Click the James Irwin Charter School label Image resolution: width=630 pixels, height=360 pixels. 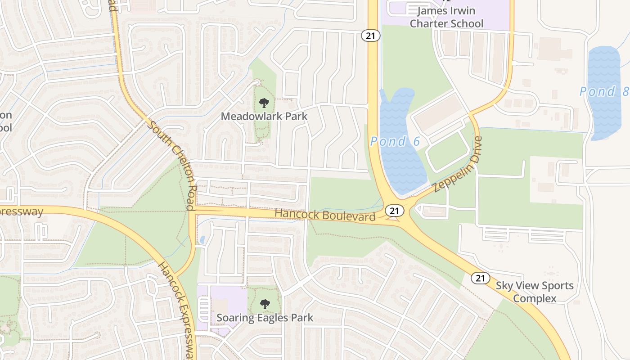click(x=446, y=17)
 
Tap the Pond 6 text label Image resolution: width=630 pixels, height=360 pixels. click(x=395, y=142)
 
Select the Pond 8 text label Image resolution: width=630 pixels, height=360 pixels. click(x=603, y=92)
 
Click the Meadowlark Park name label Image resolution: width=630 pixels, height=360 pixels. click(x=264, y=116)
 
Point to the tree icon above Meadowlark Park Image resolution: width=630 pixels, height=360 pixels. click(x=264, y=103)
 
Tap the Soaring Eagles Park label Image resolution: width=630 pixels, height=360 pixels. click(x=265, y=318)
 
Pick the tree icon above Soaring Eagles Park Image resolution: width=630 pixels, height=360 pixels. click(x=265, y=305)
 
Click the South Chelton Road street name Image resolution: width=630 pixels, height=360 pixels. click(x=173, y=165)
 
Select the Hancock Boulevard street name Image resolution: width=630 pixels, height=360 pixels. click(x=325, y=215)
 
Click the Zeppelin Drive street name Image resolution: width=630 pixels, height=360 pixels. click(x=459, y=165)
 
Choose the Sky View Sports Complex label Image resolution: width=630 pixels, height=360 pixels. click(x=535, y=292)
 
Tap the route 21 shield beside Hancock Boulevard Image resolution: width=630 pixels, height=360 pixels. click(x=394, y=210)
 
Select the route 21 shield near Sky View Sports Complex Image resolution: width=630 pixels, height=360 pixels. click(x=481, y=278)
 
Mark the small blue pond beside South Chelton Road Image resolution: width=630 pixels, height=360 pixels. click(x=202, y=240)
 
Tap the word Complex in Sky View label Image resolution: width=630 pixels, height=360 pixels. click(x=535, y=298)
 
